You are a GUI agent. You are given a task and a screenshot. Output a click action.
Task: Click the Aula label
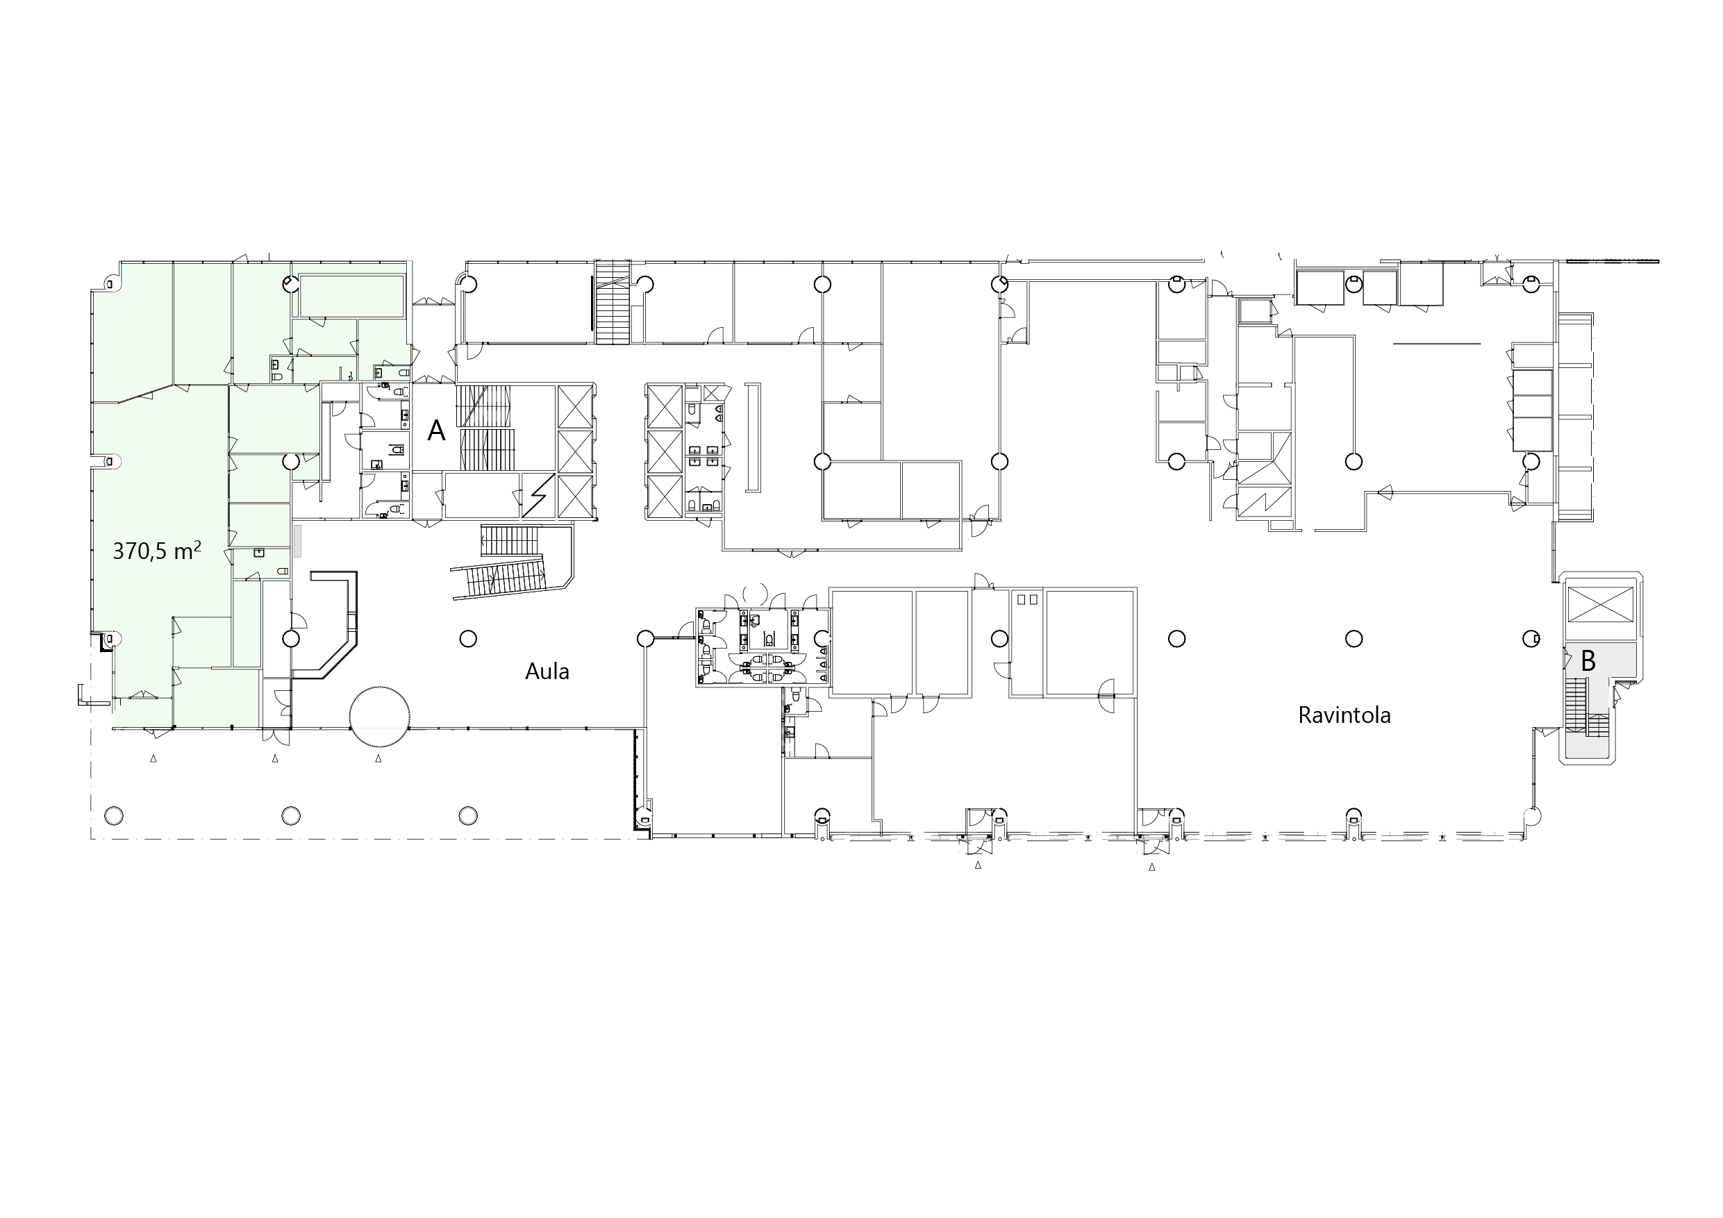547,671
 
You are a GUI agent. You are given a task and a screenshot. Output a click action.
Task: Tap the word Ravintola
1344,715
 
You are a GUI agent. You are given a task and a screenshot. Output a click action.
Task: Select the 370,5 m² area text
157,551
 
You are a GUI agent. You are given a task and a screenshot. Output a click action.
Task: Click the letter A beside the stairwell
436,431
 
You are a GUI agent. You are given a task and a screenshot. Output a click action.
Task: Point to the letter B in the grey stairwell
1588,660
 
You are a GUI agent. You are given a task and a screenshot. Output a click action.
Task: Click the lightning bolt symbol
538,495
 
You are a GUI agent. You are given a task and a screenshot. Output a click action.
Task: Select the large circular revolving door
380,717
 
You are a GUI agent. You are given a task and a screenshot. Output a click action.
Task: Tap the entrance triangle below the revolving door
378,759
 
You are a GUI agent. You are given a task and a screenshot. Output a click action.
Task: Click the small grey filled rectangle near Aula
297,540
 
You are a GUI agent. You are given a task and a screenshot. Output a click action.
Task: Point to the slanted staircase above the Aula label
499,577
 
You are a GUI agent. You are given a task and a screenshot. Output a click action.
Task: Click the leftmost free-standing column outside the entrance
114,816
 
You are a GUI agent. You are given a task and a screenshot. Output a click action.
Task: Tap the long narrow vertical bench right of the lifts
754,437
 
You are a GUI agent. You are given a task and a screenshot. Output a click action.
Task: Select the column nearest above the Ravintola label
1354,639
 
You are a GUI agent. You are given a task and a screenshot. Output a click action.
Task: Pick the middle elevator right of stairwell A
575,452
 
